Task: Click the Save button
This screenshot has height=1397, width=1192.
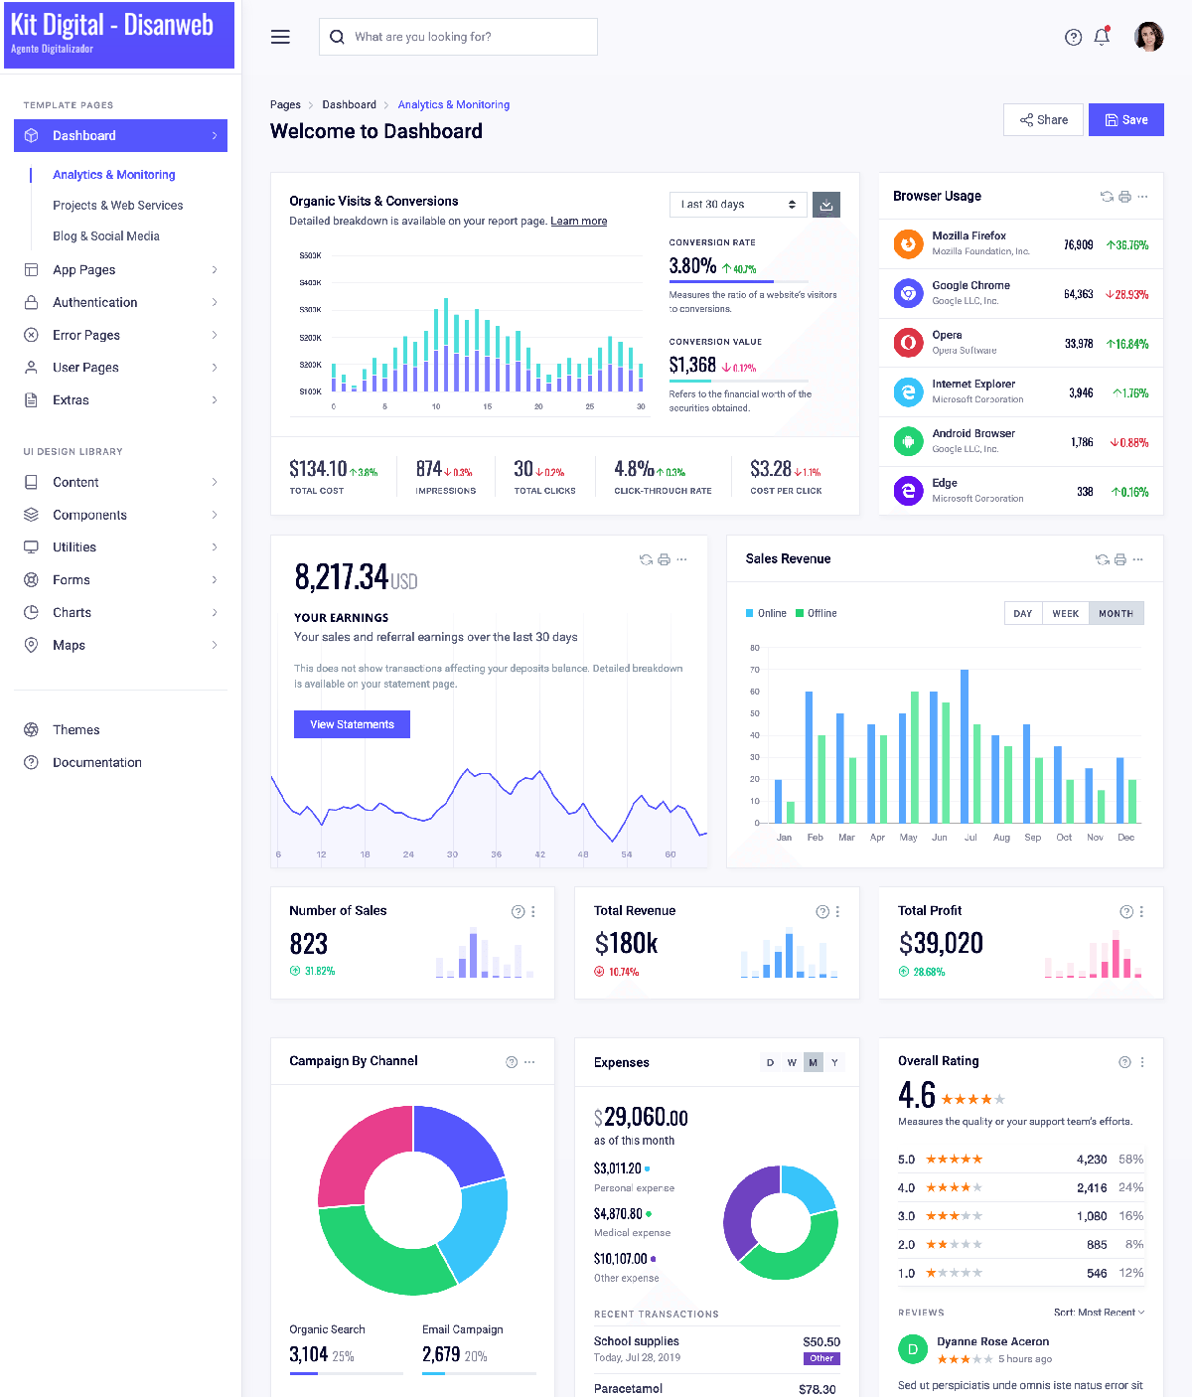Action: click(x=1125, y=120)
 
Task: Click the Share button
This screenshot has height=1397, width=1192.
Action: click(x=1043, y=120)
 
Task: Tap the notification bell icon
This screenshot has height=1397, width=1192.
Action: click(x=1102, y=37)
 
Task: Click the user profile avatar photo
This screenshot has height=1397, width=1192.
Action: click(x=1148, y=37)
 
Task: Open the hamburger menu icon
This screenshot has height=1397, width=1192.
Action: click(x=280, y=37)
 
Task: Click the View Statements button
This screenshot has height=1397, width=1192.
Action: click(x=352, y=724)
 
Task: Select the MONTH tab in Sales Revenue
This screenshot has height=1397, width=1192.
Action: click(x=1116, y=613)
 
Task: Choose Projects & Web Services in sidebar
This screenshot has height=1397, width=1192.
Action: click(x=117, y=206)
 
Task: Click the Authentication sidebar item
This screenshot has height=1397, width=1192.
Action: click(x=95, y=302)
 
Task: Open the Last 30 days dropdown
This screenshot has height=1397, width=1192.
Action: click(x=738, y=205)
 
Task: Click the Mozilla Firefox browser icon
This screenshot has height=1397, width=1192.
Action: click(x=908, y=243)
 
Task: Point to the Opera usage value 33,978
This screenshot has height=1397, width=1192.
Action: click(x=1079, y=344)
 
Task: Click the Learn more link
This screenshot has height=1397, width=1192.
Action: click(x=579, y=222)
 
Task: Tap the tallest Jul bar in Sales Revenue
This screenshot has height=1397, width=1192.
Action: click(x=965, y=745)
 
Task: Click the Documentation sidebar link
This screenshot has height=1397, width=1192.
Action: click(x=97, y=762)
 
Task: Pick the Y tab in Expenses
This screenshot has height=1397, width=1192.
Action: click(x=834, y=1062)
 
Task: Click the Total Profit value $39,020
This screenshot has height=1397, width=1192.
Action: click(x=941, y=943)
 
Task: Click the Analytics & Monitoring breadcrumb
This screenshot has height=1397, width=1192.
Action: click(x=453, y=104)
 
